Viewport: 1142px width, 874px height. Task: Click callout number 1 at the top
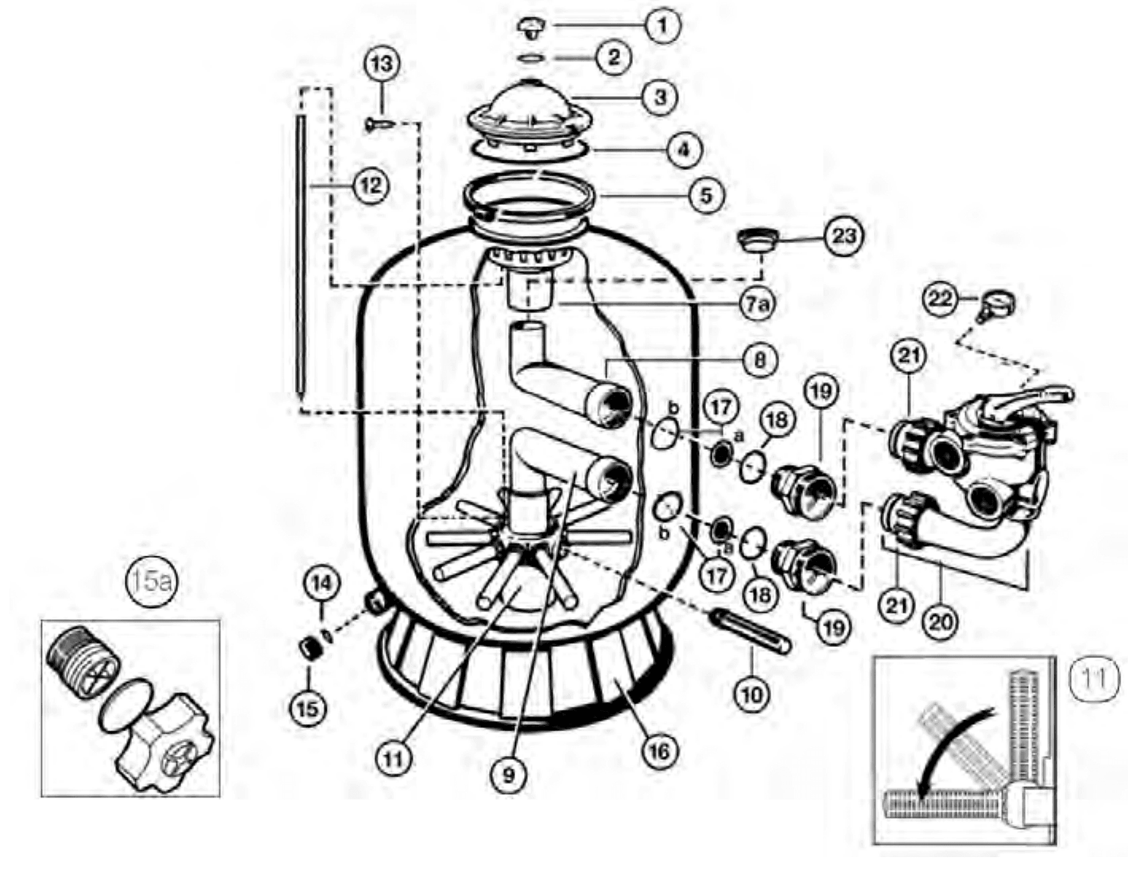click(661, 25)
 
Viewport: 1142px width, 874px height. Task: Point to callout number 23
click(843, 236)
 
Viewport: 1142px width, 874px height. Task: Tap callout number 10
click(752, 693)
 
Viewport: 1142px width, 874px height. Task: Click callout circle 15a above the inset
click(150, 582)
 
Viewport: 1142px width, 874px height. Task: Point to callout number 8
click(760, 360)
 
